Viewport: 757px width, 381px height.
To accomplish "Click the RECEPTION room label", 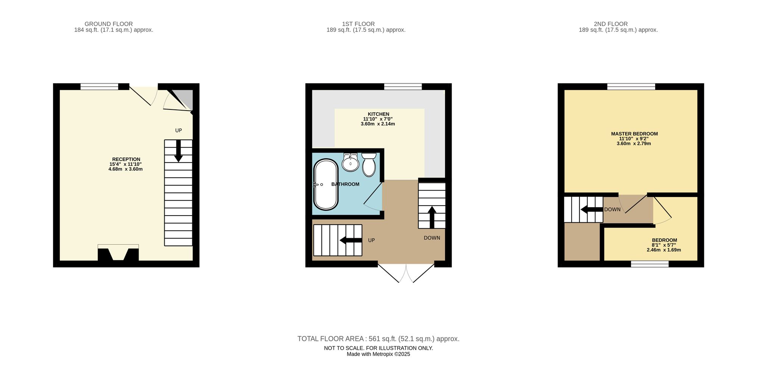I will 126,159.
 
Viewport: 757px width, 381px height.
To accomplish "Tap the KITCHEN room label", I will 378,114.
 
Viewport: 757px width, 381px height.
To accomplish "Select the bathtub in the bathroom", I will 326,184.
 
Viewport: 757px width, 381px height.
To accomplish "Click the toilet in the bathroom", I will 369,165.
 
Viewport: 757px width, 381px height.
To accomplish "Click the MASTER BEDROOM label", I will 634,134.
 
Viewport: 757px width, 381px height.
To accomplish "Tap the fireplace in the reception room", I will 118,253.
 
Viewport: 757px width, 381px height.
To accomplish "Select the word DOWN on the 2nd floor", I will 612,209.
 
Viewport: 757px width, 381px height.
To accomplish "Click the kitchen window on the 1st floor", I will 403,87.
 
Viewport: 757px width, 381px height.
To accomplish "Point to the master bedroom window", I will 631,87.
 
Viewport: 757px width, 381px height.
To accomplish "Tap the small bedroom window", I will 650,264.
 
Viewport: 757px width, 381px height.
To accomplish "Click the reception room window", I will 99,87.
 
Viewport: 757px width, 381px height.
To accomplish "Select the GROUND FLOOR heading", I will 109,24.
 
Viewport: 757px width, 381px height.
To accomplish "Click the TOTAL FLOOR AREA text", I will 378,339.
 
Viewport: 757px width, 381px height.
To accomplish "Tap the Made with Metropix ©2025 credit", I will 378,354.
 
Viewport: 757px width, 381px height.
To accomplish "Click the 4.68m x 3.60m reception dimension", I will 126,169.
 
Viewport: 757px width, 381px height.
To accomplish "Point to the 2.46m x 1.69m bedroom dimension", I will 664,250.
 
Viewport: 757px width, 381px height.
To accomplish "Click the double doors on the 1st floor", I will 406,273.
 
